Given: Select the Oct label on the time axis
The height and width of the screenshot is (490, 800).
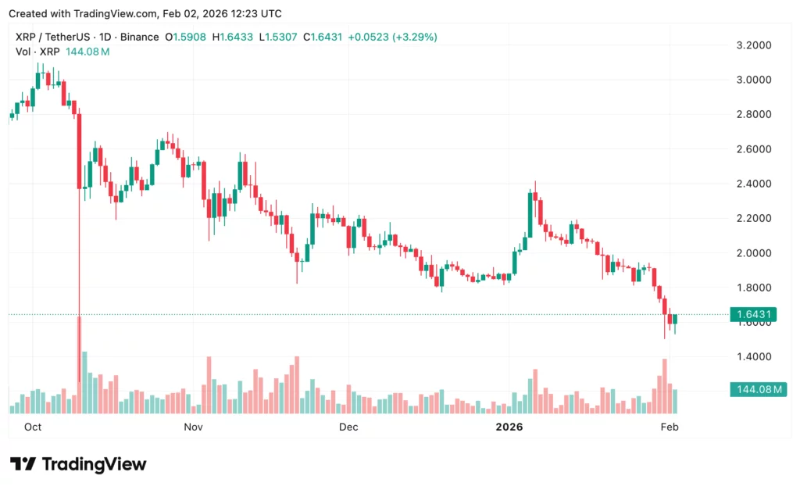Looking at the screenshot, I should coord(33,427).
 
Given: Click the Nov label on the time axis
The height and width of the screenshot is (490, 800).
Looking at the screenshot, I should coord(193,427).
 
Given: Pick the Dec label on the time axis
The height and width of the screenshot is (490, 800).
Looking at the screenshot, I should coord(348,427).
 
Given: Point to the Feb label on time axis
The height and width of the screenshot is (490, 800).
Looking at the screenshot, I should coord(670,427).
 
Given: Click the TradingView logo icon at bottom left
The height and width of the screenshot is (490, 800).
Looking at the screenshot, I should coord(23,464).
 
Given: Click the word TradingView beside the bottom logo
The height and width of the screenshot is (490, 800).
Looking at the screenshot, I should coord(94,464).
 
